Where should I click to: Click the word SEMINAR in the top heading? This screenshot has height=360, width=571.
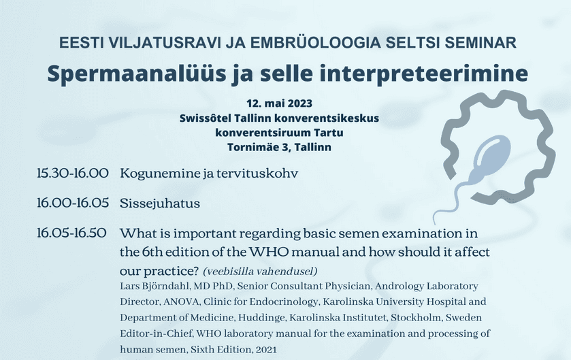tap(480, 43)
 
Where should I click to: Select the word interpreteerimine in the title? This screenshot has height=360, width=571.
tap(423, 74)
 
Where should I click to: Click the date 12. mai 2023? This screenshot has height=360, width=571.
tap(279, 103)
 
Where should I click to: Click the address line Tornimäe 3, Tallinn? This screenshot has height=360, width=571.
tap(279, 147)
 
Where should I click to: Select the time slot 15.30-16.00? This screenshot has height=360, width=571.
tap(72, 173)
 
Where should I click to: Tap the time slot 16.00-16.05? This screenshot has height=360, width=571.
tap(73, 203)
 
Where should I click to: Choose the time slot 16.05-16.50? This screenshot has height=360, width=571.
tap(71, 233)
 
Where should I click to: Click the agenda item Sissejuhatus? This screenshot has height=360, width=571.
tap(160, 203)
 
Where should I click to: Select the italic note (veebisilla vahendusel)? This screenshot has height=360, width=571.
tap(260, 271)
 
